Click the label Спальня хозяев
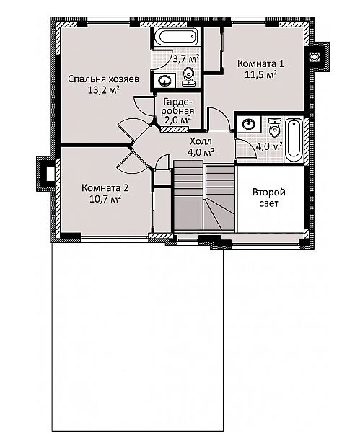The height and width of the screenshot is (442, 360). tap(103, 79)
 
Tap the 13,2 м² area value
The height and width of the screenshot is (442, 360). tap(103, 90)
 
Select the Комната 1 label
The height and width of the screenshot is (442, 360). tap(260, 63)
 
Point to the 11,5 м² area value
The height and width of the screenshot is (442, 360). tap(260, 75)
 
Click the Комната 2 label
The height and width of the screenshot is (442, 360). tap(105, 187)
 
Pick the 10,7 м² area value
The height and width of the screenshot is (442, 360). tap(105, 199)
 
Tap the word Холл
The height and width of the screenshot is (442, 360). tap(201, 141)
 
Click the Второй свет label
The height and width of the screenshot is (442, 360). tap(269, 198)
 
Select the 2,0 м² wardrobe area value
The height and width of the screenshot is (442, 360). tap(177, 120)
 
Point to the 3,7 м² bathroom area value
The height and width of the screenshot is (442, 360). tap(186, 59)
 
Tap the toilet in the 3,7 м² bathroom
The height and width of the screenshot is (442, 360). tap(189, 76)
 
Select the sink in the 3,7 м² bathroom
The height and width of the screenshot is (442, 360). tap(164, 81)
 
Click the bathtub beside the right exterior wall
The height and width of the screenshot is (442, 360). tap(294, 141)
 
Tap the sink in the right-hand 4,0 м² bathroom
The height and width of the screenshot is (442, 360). tap(249, 124)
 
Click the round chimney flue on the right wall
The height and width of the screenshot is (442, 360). tap(314, 57)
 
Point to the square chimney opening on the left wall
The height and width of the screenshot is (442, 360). tap(50, 173)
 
